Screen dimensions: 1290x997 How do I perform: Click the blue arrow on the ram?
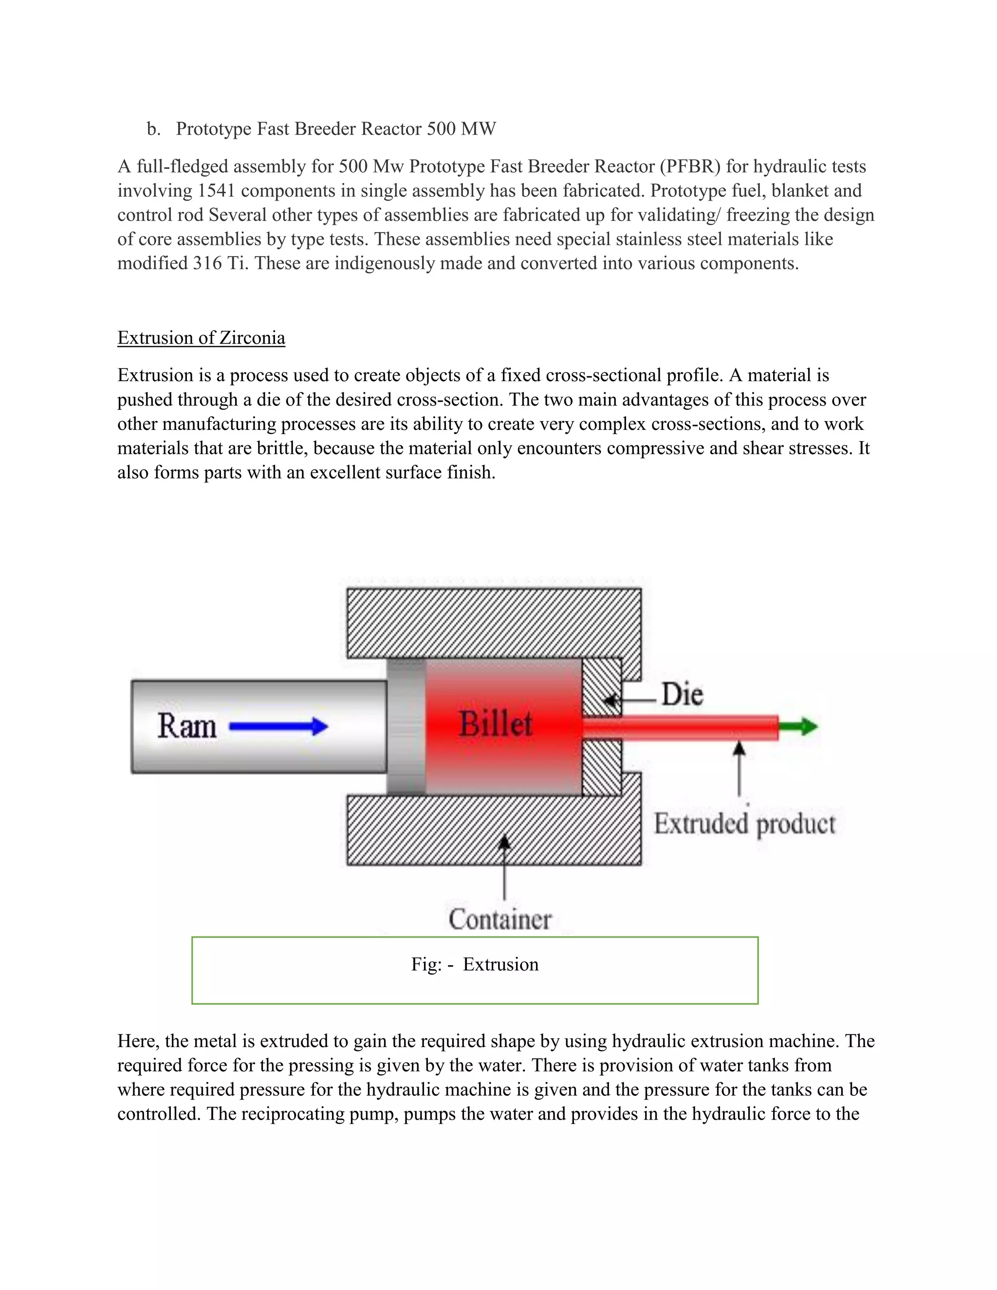click(277, 726)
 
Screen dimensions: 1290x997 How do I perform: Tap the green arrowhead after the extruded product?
click(803, 726)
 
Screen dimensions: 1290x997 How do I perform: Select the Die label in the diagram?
click(682, 694)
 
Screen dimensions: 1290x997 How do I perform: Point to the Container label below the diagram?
click(499, 919)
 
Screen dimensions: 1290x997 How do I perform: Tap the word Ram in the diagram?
click(186, 726)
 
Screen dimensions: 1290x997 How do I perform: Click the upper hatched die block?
click(602, 686)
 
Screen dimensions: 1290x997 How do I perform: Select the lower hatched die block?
click(602, 767)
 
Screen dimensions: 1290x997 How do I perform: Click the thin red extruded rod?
click(679, 727)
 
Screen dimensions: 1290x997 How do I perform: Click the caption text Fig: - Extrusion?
click(475, 964)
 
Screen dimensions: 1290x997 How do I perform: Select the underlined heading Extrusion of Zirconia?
click(201, 338)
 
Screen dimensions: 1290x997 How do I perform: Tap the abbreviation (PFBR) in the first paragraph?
click(690, 166)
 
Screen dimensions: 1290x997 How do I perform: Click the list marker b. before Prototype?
click(153, 129)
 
